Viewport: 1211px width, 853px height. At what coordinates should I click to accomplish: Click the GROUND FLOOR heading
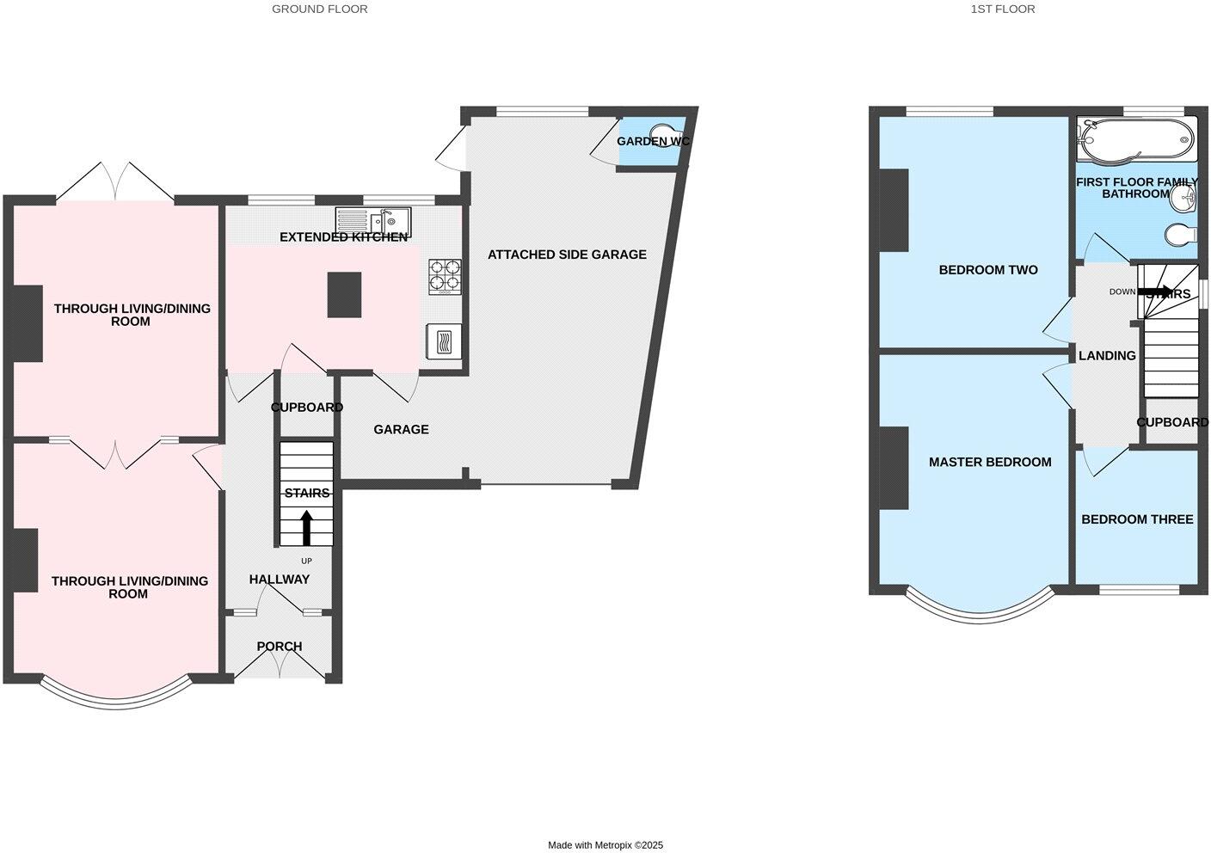coord(319,9)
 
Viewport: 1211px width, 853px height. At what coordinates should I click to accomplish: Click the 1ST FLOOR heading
coord(1002,9)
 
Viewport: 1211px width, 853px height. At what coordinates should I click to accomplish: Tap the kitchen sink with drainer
coord(373,223)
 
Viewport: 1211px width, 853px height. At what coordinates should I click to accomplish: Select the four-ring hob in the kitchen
coord(445,276)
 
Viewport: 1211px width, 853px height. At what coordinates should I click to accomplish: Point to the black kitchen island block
coord(344,295)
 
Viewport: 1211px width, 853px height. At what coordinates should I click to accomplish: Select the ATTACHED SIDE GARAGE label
coord(567,255)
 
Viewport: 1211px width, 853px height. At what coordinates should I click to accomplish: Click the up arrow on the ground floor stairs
coord(306,527)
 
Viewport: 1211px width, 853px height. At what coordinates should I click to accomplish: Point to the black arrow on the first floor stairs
coord(1154,291)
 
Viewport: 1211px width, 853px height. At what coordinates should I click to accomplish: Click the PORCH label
coord(280,647)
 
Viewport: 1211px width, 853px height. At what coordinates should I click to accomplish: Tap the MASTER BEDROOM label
coord(990,463)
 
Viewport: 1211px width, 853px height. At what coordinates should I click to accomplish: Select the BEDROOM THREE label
coord(1137,519)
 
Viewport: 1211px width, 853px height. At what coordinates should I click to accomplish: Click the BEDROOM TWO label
coord(988,270)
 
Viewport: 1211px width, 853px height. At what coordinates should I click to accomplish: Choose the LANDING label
coord(1107,355)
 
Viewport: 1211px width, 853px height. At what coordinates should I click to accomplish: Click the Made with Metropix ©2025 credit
coord(605,845)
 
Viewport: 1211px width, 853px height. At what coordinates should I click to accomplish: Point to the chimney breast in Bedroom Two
coord(894,210)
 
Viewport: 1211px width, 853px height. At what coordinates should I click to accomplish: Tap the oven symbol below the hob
coord(444,342)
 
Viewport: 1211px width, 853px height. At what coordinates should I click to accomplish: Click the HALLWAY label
coord(280,580)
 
